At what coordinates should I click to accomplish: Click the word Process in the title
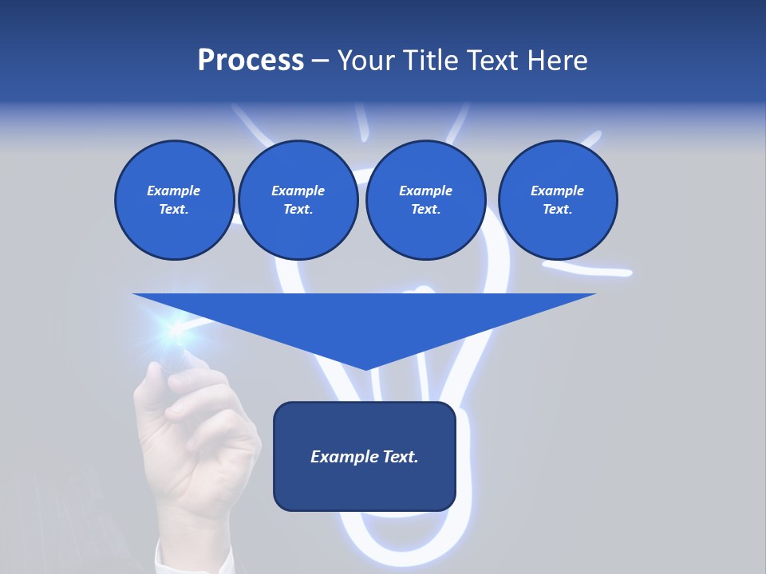(251, 61)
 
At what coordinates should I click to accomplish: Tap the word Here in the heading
(558, 61)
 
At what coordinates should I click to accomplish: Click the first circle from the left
(174, 200)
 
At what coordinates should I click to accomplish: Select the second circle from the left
(298, 200)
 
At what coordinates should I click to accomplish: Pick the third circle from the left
(425, 200)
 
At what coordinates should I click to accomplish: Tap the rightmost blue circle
(557, 200)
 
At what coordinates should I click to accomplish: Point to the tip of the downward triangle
(365, 368)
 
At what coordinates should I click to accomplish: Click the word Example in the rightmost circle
(557, 191)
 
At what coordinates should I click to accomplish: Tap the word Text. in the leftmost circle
(174, 210)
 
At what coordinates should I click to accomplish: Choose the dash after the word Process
(320, 61)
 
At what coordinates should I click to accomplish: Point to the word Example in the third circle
(425, 191)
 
